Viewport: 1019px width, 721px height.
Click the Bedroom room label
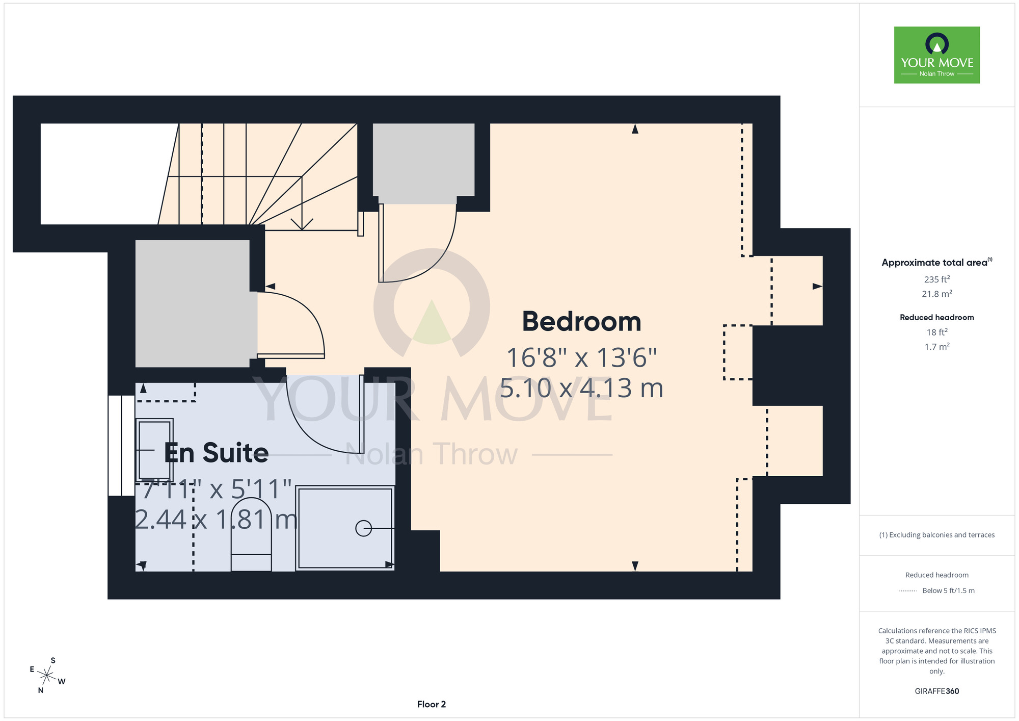pyautogui.click(x=581, y=322)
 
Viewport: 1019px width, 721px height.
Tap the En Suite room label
pyautogui.click(x=216, y=453)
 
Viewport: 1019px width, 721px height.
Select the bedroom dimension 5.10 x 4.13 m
pyautogui.click(x=581, y=388)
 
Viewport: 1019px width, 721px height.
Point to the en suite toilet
pyautogui.click(x=251, y=534)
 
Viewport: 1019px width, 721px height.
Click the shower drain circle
pyautogui.click(x=363, y=528)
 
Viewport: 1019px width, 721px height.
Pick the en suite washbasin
pyautogui.click(x=154, y=450)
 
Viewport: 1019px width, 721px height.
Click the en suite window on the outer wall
pyautogui.click(x=121, y=445)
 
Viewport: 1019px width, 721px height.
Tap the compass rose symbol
pyautogui.click(x=47, y=676)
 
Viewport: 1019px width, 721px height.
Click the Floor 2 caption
pyautogui.click(x=432, y=704)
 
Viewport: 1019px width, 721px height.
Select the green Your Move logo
pyautogui.click(x=937, y=55)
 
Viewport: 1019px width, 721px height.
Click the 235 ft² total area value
pyautogui.click(x=937, y=279)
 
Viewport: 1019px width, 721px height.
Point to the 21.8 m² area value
pyautogui.click(x=937, y=294)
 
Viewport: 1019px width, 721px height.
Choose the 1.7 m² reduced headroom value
pyautogui.click(x=937, y=347)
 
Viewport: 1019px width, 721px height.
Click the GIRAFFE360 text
pyautogui.click(x=937, y=691)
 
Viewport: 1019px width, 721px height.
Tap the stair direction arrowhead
pyautogui.click(x=302, y=224)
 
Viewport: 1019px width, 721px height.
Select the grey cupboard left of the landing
pyautogui.click(x=196, y=303)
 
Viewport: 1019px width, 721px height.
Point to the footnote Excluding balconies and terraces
pyautogui.click(x=937, y=535)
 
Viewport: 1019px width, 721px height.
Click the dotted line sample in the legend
pyautogui.click(x=908, y=591)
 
